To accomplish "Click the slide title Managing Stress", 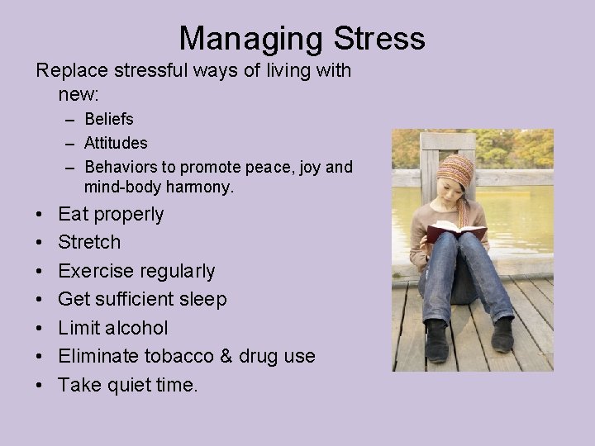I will [x=302, y=38].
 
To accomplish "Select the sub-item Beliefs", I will [x=108, y=120].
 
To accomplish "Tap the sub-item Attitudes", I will [x=116, y=144].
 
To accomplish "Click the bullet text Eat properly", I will [x=111, y=215].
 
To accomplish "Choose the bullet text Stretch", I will [x=89, y=243].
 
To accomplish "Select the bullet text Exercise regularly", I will [x=136, y=271].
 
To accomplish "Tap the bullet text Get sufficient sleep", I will [x=142, y=299].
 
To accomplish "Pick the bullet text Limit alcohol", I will [x=113, y=328].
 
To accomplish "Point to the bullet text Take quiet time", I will [x=128, y=384].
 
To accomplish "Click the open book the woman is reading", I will [x=456, y=230].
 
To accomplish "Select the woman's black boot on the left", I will [x=436, y=340].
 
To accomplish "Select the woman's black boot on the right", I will [x=502, y=334].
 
